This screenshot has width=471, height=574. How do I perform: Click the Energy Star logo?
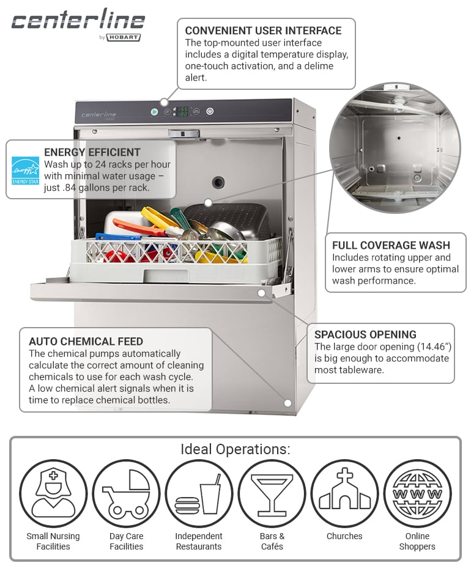(x=25, y=171)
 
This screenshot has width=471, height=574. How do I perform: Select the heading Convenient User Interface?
(x=263, y=31)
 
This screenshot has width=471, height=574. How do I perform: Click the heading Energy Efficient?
(x=92, y=152)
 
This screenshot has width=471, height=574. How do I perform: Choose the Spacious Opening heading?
(x=365, y=334)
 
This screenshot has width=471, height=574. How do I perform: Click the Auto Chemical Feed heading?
(x=86, y=342)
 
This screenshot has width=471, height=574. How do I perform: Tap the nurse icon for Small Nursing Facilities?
(x=53, y=493)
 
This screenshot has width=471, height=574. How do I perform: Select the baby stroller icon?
(x=126, y=493)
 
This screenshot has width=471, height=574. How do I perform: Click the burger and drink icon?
(x=199, y=493)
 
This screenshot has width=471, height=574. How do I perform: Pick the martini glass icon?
(x=272, y=493)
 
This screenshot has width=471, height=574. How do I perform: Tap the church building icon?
(x=344, y=493)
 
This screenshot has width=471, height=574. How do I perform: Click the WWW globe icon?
(x=417, y=493)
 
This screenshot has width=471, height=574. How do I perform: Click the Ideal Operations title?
(x=236, y=449)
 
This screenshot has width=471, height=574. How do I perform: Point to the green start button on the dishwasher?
(x=154, y=112)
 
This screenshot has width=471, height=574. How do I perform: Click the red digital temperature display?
(x=182, y=111)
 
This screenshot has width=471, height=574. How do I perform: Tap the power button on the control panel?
(x=210, y=111)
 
